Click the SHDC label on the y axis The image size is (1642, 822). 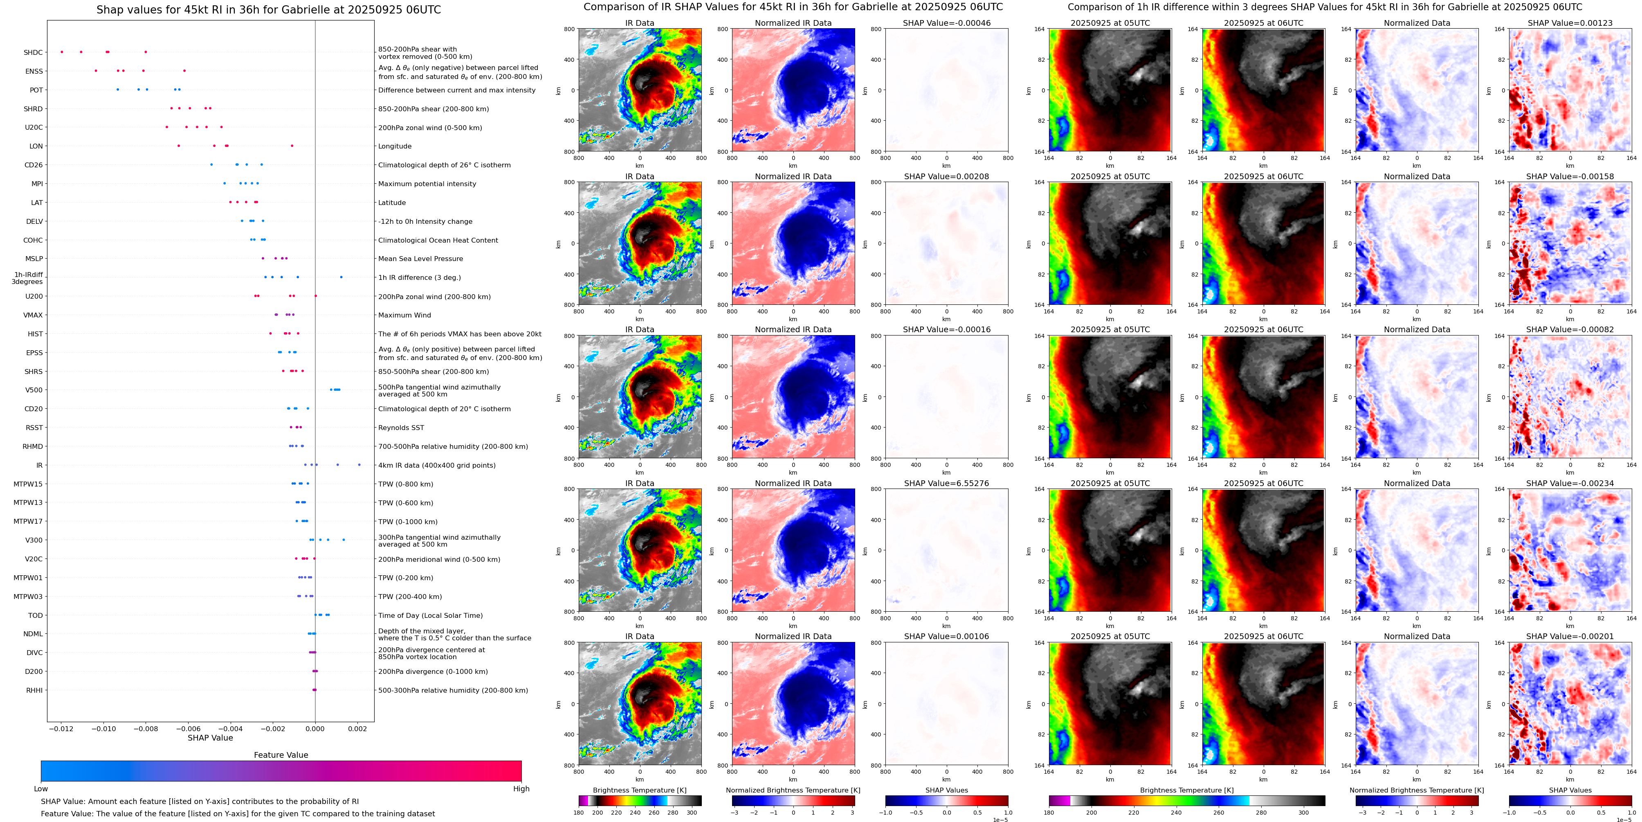click(x=33, y=53)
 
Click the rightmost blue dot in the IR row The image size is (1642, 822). click(x=359, y=465)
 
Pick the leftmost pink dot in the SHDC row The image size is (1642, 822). click(x=62, y=52)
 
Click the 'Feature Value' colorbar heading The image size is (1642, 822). click(x=281, y=755)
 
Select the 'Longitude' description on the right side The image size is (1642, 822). click(x=395, y=146)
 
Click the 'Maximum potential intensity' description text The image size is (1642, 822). click(x=427, y=184)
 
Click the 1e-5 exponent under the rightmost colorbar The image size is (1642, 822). click(x=1624, y=820)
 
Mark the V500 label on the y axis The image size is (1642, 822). click(x=34, y=390)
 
